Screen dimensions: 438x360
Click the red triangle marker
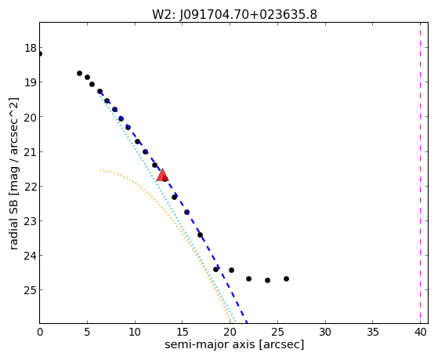point(162,175)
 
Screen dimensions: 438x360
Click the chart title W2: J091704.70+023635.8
point(234,15)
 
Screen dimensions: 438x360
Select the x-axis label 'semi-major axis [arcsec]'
point(234,344)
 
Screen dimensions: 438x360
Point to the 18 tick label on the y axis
point(31,48)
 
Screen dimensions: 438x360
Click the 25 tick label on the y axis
point(31,290)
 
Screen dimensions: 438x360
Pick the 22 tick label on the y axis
point(31,187)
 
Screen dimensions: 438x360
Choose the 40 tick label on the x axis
point(421,333)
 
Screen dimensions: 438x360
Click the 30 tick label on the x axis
point(325,333)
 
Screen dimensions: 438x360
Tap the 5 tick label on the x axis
point(87,333)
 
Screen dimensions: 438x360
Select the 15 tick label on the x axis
point(183,333)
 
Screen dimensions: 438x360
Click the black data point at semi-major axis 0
point(40,53)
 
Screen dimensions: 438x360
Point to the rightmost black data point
point(286,279)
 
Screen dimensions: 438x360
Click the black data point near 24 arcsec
point(268,280)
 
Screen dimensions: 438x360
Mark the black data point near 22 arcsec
point(248,279)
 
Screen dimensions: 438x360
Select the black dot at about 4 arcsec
point(79,73)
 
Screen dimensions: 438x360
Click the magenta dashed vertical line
point(420,173)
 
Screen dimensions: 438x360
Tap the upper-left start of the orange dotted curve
point(100,170)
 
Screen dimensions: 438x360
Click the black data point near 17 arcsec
point(200,235)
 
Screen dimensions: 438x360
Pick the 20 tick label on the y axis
point(31,117)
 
